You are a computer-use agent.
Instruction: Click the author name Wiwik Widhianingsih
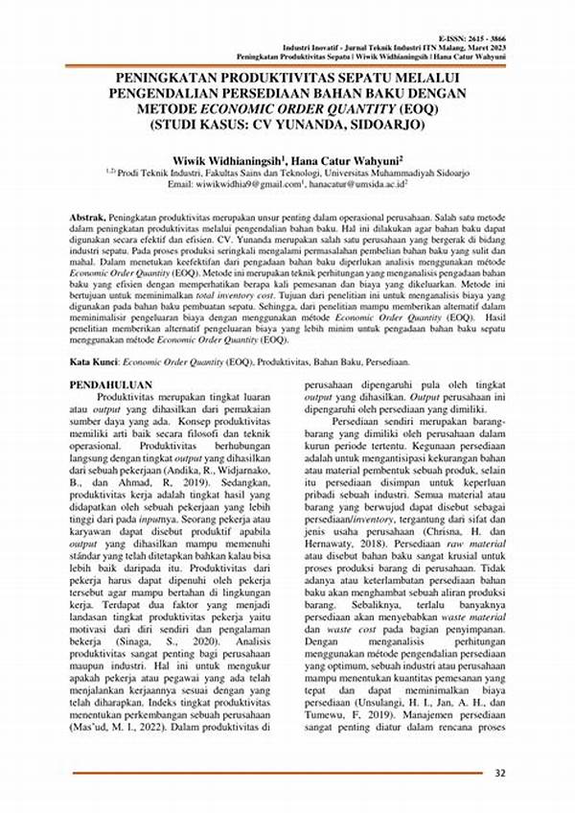tap(223, 156)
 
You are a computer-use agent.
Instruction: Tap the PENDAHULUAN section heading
tap(114, 384)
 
